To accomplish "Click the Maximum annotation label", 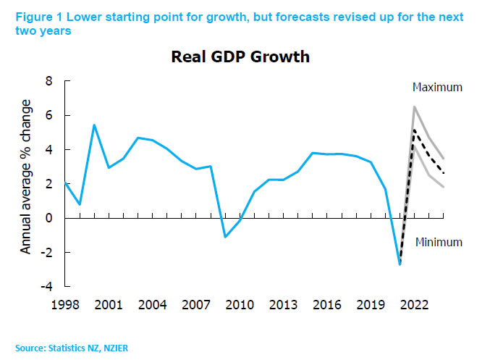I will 436,88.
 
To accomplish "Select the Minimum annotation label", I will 438,243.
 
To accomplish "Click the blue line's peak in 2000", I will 94,125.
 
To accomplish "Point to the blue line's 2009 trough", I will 225,237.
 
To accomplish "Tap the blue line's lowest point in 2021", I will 400,264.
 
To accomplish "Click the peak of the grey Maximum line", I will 414,107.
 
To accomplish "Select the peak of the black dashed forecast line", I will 414,130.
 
